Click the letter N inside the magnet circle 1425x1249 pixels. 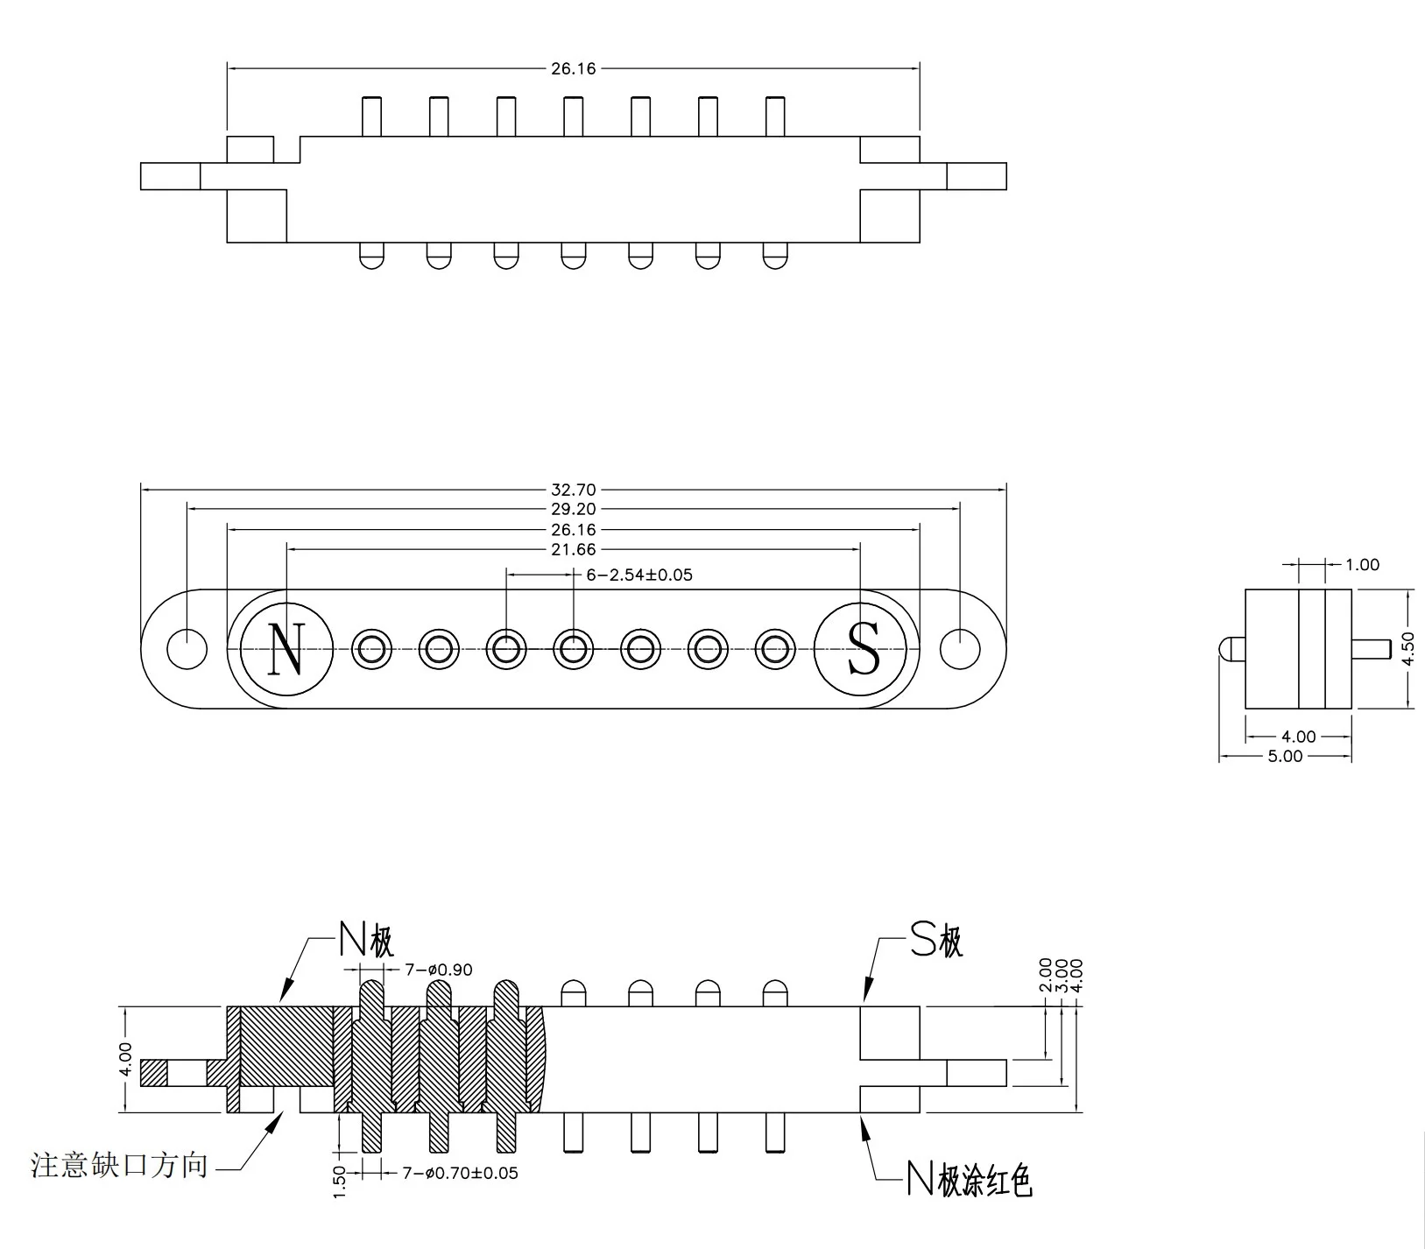click(286, 649)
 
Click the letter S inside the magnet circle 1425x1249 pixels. click(864, 649)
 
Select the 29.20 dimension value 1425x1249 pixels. click(574, 510)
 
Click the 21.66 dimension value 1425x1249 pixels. click(574, 550)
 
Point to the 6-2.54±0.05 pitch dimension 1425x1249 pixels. click(638, 575)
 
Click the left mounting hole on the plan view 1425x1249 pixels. click(187, 649)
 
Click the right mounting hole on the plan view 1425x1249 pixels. click(960, 649)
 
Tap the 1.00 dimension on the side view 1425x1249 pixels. click(1362, 565)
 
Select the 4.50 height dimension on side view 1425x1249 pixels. click(1408, 649)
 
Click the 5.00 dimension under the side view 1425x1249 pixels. click(1285, 757)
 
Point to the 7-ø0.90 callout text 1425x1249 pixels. click(438, 970)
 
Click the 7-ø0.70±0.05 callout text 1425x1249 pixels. click(460, 1173)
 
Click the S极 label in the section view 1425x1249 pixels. click(936, 942)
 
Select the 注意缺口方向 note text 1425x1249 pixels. click(120, 1166)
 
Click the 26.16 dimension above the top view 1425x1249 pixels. click(574, 68)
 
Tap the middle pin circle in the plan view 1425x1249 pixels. click(573, 649)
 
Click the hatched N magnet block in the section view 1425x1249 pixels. click(286, 1046)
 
